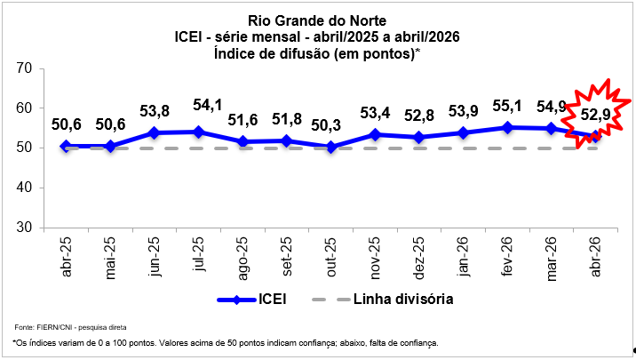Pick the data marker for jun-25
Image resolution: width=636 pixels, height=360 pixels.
tap(154, 132)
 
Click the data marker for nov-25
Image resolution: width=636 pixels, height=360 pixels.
tap(375, 134)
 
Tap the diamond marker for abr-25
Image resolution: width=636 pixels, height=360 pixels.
tap(65, 146)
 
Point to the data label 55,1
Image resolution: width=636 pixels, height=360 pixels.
tap(507, 105)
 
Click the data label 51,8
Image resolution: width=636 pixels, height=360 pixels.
tap(286, 118)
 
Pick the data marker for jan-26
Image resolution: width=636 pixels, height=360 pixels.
tap(463, 132)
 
